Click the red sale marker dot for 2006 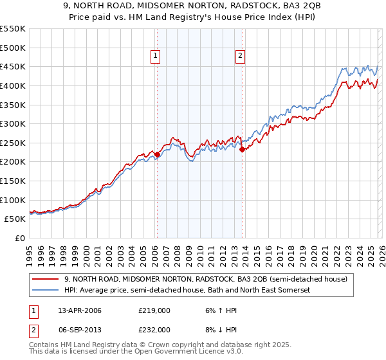tap(157, 154)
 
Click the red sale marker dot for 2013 tap(241, 149)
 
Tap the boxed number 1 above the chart tap(156, 57)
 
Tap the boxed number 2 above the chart tap(240, 57)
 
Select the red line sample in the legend tap(46, 279)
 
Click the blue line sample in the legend tap(46, 291)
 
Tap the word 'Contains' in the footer tap(46, 346)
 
